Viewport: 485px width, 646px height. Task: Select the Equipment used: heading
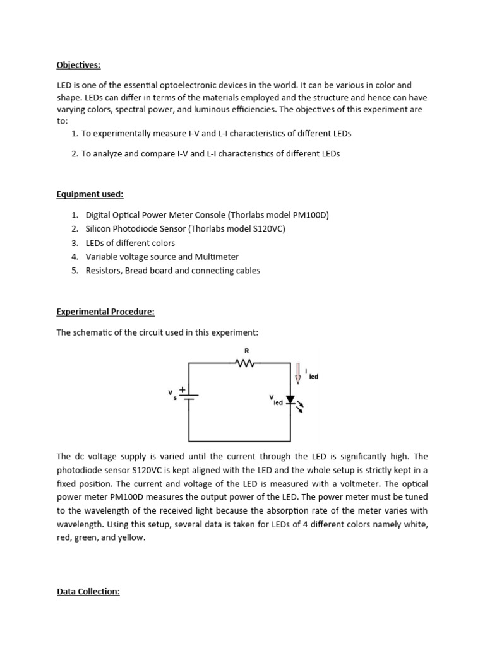click(x=90, y=195)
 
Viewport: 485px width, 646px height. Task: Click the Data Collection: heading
click(x=88, y=592)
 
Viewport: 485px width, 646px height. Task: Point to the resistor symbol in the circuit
click(x=244, y=363)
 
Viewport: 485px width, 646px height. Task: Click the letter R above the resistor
click(x=238, y=351)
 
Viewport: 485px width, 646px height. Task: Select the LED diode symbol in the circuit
click(x=290, y=400)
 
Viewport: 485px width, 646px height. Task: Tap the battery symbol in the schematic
click(x=189, y=396)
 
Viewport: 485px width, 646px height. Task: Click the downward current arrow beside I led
click(x=298, y=372)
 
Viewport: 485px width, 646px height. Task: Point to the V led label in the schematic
click(x=275, y=401)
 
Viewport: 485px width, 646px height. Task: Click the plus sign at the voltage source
click(x=183, y=390)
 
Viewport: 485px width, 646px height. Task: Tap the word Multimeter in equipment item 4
click(x=218, y=257)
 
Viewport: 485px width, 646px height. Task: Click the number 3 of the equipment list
click(x=74, y=243)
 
